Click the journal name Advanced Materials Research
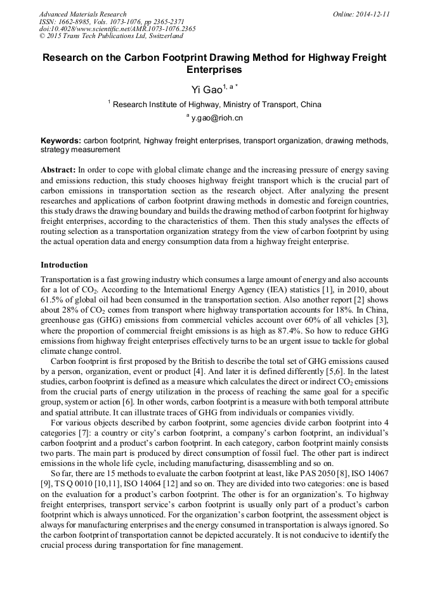[x=83, y=14]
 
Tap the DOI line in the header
[x=117, y=29]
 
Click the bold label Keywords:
[x=61, y=140]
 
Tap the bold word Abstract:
[x=58, y=171]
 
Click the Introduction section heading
[x=64, y=264]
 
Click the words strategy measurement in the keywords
[x=80, y=150]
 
